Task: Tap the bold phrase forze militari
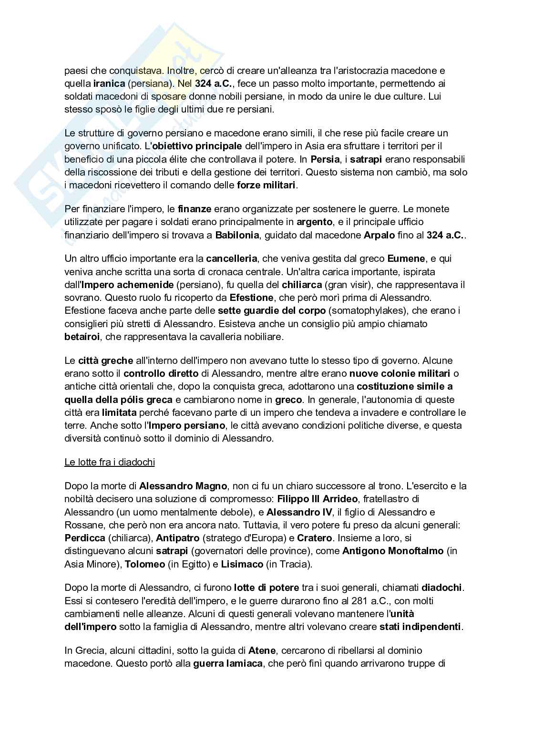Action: tap(266, 185)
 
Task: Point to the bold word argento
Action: tap(314, 222)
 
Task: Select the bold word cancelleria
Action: tap(232, 259)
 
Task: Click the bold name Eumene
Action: tap(406, 259)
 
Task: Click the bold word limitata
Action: tap(119, 413)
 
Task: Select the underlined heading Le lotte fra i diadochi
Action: tap(110, 462)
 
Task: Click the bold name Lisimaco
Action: tap(243, 565)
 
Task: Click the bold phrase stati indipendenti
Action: tap(420, 627)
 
